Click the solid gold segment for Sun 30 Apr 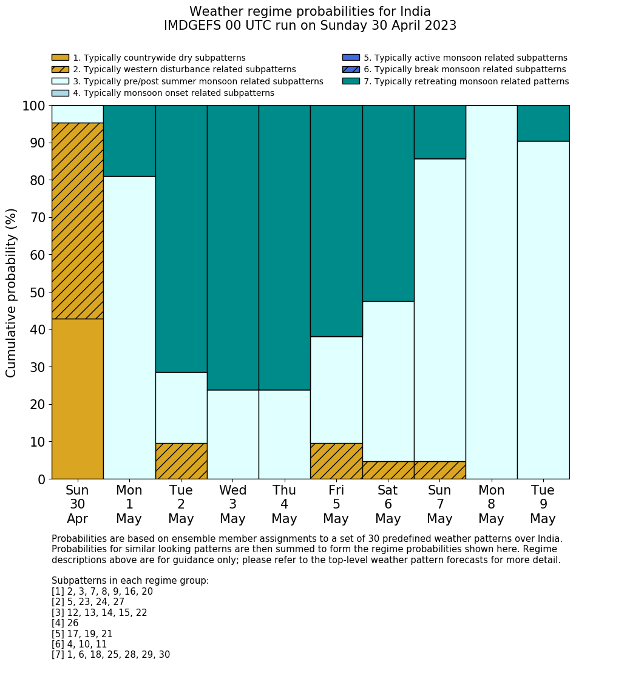click(77, 399)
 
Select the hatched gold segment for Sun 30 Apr click(77, 221)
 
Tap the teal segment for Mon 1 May click(129, 141)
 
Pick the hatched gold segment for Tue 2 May click(181, 461)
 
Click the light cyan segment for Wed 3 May click(232, 434)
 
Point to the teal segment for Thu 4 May click(284, 248)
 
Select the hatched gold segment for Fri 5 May click(336, 461)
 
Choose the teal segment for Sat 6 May click(388, 203)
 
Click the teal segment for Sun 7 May click(439, 132)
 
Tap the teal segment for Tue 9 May click(543, 123)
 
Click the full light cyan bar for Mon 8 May click(491, 292)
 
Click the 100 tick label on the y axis click(33, 106)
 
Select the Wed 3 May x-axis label click(232, 504)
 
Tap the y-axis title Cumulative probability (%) click(12, 292)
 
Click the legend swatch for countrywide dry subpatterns click(60, 58)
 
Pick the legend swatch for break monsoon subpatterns click(351, 70)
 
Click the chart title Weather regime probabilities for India click(310, 12)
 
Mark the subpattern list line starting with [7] click(110, 655)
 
